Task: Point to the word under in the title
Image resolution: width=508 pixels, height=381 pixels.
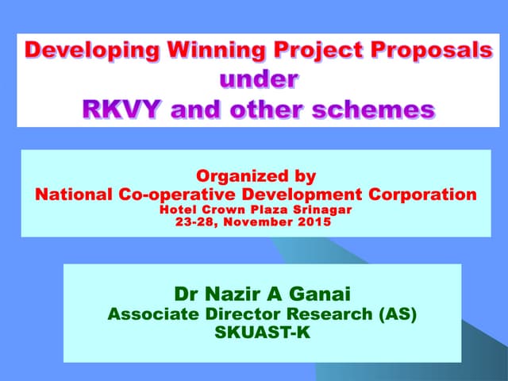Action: click(259, 79)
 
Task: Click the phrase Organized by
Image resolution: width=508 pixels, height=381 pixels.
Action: click(256, 176)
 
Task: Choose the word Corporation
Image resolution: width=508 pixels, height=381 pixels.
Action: click(419, 194)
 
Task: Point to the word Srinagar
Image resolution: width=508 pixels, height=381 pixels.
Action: click(319, 210)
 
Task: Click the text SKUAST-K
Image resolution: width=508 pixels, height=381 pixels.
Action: click(262, 333)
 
